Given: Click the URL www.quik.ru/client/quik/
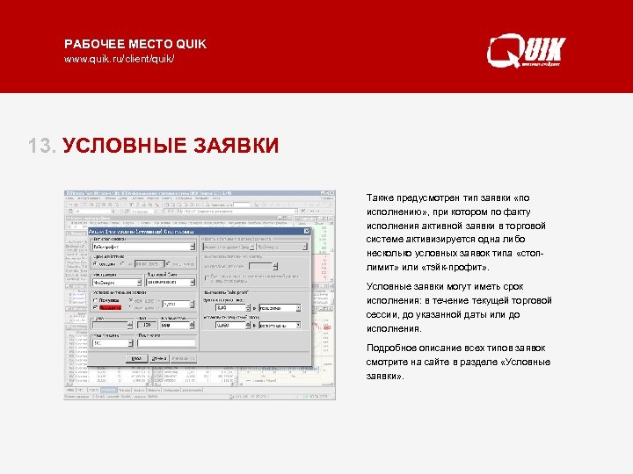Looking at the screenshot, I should point(120,59).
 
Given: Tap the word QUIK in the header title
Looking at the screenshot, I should point(191,44).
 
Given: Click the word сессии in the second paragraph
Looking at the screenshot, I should point(382,314).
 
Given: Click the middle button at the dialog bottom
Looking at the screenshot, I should point(158,358).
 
